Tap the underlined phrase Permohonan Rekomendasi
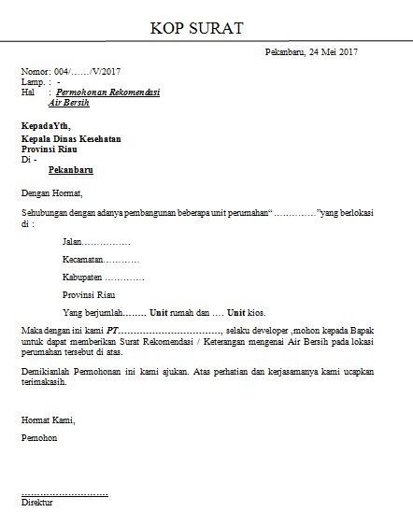coord(108,92)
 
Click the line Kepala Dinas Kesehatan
coord(71,139)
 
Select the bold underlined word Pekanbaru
coord(70,171)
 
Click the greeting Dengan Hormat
coord(51,194)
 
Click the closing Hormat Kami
coord(48,419)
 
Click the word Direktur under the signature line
coord(37,503)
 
